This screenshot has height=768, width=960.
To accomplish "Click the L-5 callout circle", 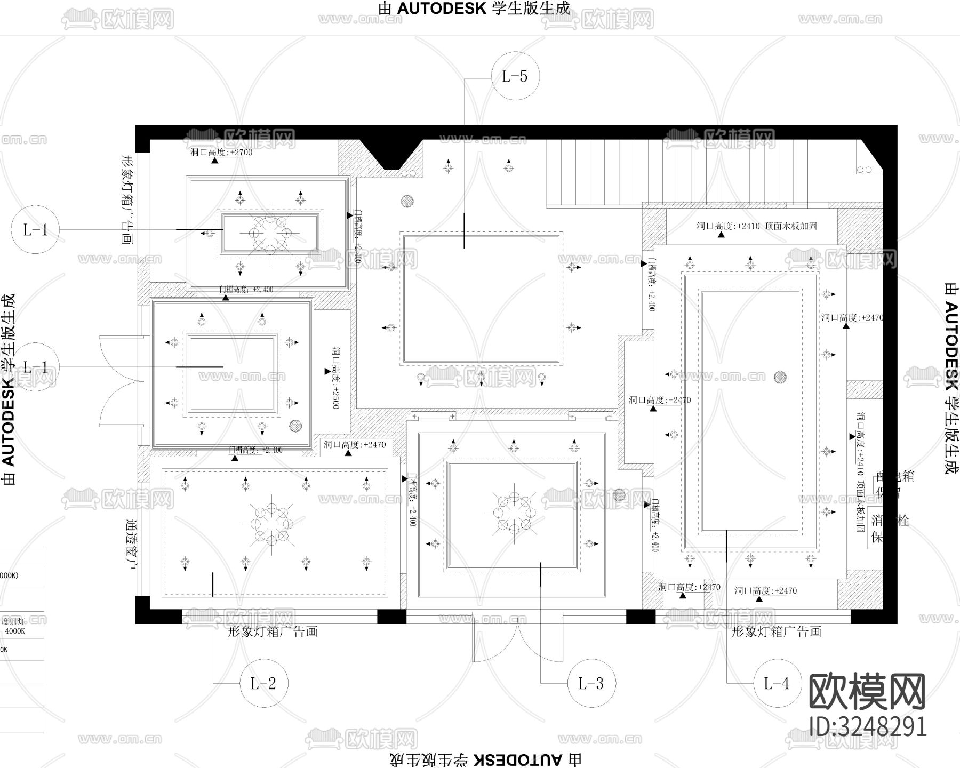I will tap(515, 76).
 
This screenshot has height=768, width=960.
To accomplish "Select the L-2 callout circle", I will tap(263, 683).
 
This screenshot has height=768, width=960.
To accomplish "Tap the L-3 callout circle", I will tap(590, 683).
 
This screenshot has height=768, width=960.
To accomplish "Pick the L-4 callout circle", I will tap(776, 683).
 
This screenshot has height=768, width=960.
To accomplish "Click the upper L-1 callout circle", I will tap(35, 230).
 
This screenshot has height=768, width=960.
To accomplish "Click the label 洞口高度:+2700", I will tap(221, 153).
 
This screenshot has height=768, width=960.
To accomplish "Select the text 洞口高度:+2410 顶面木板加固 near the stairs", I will tap(756, 226).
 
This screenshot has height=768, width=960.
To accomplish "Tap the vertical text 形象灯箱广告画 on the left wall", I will tap(126, 199).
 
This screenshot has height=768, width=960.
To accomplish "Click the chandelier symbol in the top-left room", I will tap(270, 233).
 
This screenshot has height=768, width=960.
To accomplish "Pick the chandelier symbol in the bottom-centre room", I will tap(514, 513).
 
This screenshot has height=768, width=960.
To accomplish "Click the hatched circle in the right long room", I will tap(780, 377).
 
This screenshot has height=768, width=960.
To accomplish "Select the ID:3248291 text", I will tap(868, 726).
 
